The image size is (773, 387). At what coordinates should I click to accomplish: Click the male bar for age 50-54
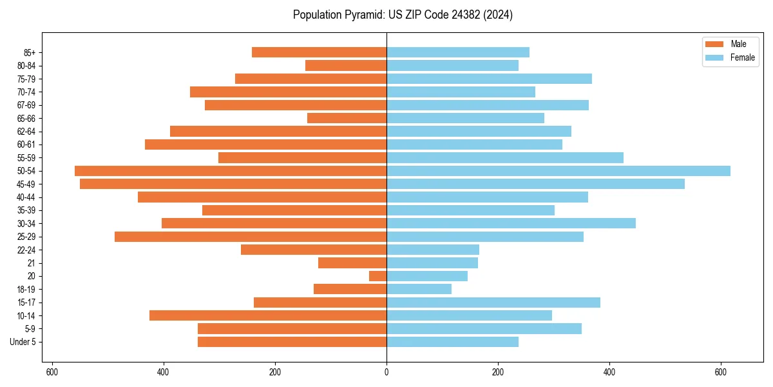pos(231,171)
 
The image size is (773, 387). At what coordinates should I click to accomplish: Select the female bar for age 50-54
pos(558,171)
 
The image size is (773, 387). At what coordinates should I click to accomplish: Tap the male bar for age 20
pos(377,276)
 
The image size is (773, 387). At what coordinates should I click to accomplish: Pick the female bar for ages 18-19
pos(419,289)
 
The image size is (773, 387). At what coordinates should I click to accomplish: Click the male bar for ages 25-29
pos(251,237)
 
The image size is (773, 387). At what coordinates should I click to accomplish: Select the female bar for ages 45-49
pos(535,184)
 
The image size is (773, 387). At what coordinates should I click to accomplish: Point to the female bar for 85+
pos(457,52)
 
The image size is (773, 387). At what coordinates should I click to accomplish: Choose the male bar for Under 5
pos(292,342)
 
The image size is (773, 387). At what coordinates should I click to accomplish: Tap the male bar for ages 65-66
pos(347,118)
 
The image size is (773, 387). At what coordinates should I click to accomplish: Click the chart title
pos(403,15)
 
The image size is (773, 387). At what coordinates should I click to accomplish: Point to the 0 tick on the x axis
pos(386,372)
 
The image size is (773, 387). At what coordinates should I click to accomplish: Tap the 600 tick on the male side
pos(52,372)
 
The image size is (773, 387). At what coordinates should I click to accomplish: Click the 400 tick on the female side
pos(609,372)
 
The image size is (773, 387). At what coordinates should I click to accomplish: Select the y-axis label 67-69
pos(26,105)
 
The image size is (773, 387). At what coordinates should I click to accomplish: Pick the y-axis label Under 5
pos(23,342)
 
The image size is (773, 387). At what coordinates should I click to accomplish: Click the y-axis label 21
pos(32,263)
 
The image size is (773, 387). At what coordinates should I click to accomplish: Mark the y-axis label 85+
pos(29,52)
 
